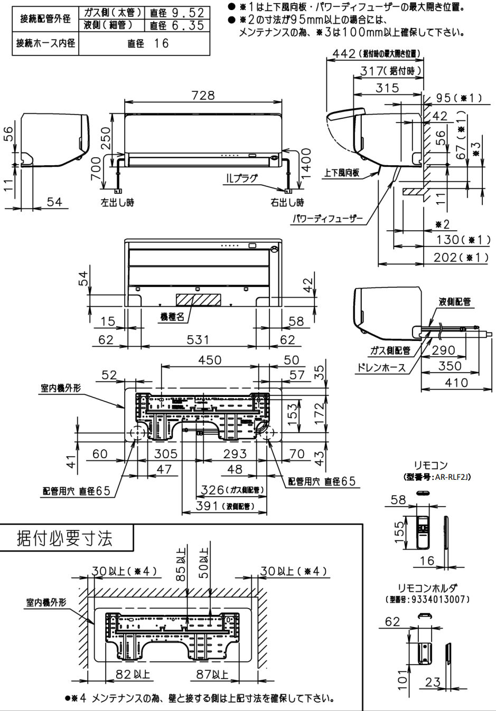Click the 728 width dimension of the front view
[203, 95]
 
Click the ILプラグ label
[241, 178]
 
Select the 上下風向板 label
[342, 173]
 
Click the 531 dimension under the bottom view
[198, 339]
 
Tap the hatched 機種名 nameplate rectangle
[198, 299]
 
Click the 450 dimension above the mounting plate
[210, 360]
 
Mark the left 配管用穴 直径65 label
[77, 491]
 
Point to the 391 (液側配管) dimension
[225, 506]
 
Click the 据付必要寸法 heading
[64, 538]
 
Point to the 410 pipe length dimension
[456, 382]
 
